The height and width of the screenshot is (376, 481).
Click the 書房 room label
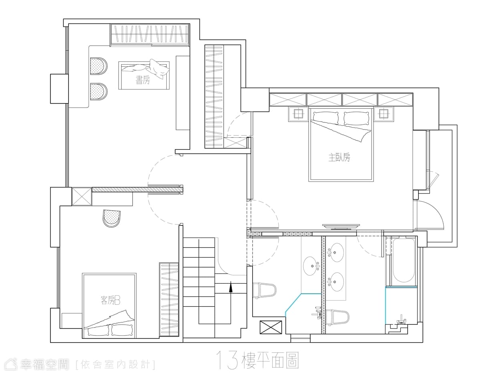pos(143,80)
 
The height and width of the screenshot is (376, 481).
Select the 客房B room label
pos(110,301)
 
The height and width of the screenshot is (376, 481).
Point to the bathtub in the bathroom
pos(404,260)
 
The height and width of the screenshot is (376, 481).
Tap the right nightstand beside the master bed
pos(383,114)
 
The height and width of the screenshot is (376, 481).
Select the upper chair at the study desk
pos(99,66)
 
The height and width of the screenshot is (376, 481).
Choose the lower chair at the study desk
pos(99,91)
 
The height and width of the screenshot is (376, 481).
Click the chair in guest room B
pos(112,219)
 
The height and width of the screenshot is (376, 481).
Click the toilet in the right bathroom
pos(337,317)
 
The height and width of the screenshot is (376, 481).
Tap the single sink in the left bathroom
pos(311,266)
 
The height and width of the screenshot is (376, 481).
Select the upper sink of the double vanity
pos(335,252)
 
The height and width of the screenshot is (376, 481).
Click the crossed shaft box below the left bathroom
pos(271,327)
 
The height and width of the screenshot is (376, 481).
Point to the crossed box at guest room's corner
pos(82,197)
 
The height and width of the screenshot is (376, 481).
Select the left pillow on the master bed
pos(325,118)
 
